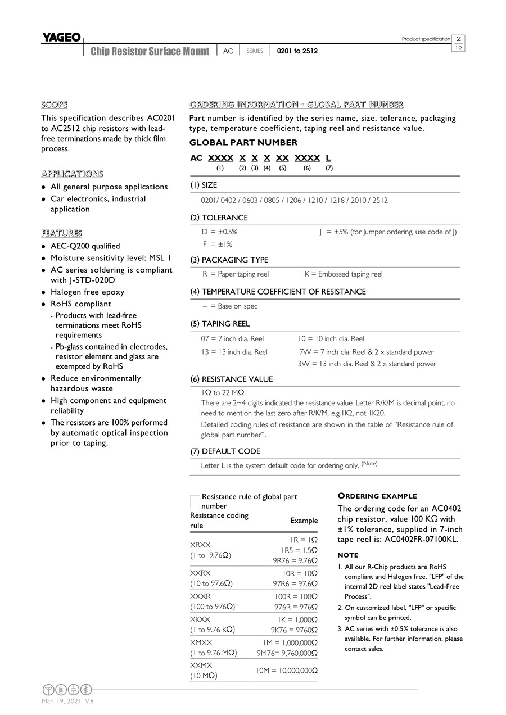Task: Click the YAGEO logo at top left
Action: coord(61,38)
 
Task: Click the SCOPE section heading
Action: coord(54,105)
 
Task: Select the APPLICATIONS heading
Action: coord(72,174)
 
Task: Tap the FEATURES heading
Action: coord(61,233)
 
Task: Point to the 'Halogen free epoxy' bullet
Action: coord(87,292)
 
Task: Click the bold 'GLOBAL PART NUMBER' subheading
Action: coord(243,143)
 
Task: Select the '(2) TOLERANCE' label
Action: coord(219,218)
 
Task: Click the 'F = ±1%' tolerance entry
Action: coord(217,245)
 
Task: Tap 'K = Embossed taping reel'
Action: coord(343,274)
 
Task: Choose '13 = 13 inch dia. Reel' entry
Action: coord(234,352)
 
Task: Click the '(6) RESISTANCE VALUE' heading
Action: coord(231,379)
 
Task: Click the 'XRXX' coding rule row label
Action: coord(200,545)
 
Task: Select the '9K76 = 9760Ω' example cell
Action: coord(294,630)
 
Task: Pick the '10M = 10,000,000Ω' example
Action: coord(287,671)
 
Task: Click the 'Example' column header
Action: coord(304,521)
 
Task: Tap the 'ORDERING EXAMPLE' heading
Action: coord(377,496)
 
